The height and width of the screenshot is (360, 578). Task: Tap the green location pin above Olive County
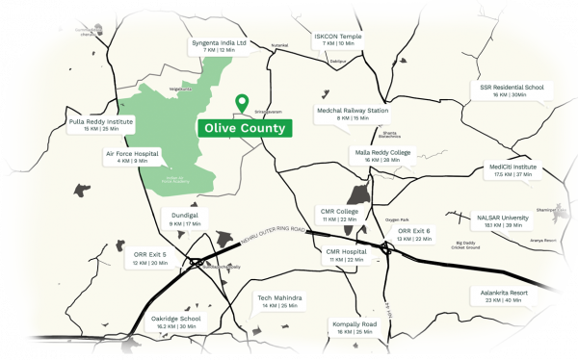pyautogui.click(x=242, y=101)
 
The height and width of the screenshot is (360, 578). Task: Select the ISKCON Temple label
pyautogui.click(x=338, y=39)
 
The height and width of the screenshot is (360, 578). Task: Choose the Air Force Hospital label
pyautogui.click(x=131, y=156)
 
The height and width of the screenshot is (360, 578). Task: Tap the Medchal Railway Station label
pyautogui.click(x=353, y=114)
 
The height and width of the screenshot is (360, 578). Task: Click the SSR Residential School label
pyautogui.click(x=512, y=90)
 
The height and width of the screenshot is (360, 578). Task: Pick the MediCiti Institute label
pyautogui.click(x=512, y=170)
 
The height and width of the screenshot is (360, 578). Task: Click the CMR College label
pyautogui.click(x=339, y=215)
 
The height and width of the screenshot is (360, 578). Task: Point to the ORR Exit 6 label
pyautogui.click(x=414, y=235)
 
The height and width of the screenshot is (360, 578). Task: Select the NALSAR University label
pyautogui.click(x=503, y=221)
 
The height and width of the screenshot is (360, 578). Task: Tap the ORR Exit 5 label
pyautogui.click(x=150, y=258)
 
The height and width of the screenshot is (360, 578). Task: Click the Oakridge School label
pyautogui.click(x=176, y=321)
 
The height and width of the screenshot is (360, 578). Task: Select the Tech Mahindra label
pyautogui.click(x=279, y=301)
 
